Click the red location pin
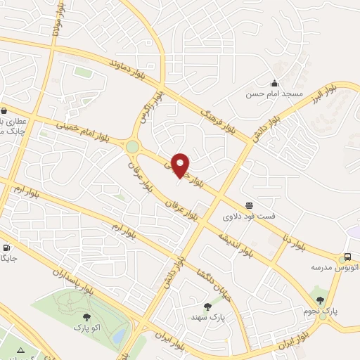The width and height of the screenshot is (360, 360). click(x=181, y=165)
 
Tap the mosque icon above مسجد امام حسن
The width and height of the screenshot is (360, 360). click(x=274, y=83)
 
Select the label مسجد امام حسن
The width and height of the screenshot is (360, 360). click(x=274, y=94)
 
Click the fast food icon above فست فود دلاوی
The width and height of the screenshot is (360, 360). click(x=249, y=205)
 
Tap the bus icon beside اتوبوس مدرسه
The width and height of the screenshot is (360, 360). click(x=347, y=258)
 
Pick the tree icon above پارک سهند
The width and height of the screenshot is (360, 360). click(x=207, y=307)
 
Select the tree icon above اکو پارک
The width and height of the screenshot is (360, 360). click(x=86, y=317)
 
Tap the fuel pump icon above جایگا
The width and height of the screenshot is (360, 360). click(x=6, y=247)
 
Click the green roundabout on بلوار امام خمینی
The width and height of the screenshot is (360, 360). click(x=132, y=146)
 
